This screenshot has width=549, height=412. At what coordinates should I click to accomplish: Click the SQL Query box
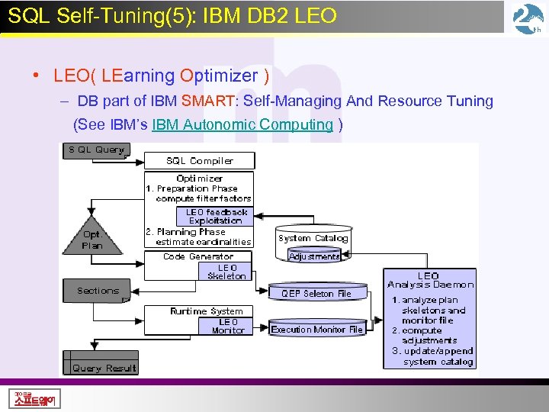click(x=97, y=150)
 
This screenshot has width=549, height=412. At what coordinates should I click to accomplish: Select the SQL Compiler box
click(x=200, y=161)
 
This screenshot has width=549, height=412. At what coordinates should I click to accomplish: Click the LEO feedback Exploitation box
click(x=217, y=217)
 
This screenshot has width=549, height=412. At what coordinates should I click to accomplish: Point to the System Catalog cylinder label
click(x=313, y=238)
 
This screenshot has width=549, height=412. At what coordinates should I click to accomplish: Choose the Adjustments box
click(x=314, y=257)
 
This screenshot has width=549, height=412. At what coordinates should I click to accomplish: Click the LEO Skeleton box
click(x=226, y=272)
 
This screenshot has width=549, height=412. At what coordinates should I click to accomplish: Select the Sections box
click(x=98, y=291)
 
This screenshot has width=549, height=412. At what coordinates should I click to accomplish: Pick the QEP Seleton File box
click(x=316, y=293)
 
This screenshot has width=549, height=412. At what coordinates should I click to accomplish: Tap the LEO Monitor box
click(x=227, y=327)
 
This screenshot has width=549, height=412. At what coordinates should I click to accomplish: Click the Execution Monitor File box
click(x=316, y=330)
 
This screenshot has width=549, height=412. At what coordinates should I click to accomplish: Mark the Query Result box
click(x=103, y=369)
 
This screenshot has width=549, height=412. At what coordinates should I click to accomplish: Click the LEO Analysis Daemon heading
click(x=429, y=280)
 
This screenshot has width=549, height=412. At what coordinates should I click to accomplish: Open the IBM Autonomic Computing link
click(x=242, y=124)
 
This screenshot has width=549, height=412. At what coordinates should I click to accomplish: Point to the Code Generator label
click(x=198, y=256)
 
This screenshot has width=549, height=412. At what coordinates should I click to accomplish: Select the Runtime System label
click(x=206, y=311)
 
